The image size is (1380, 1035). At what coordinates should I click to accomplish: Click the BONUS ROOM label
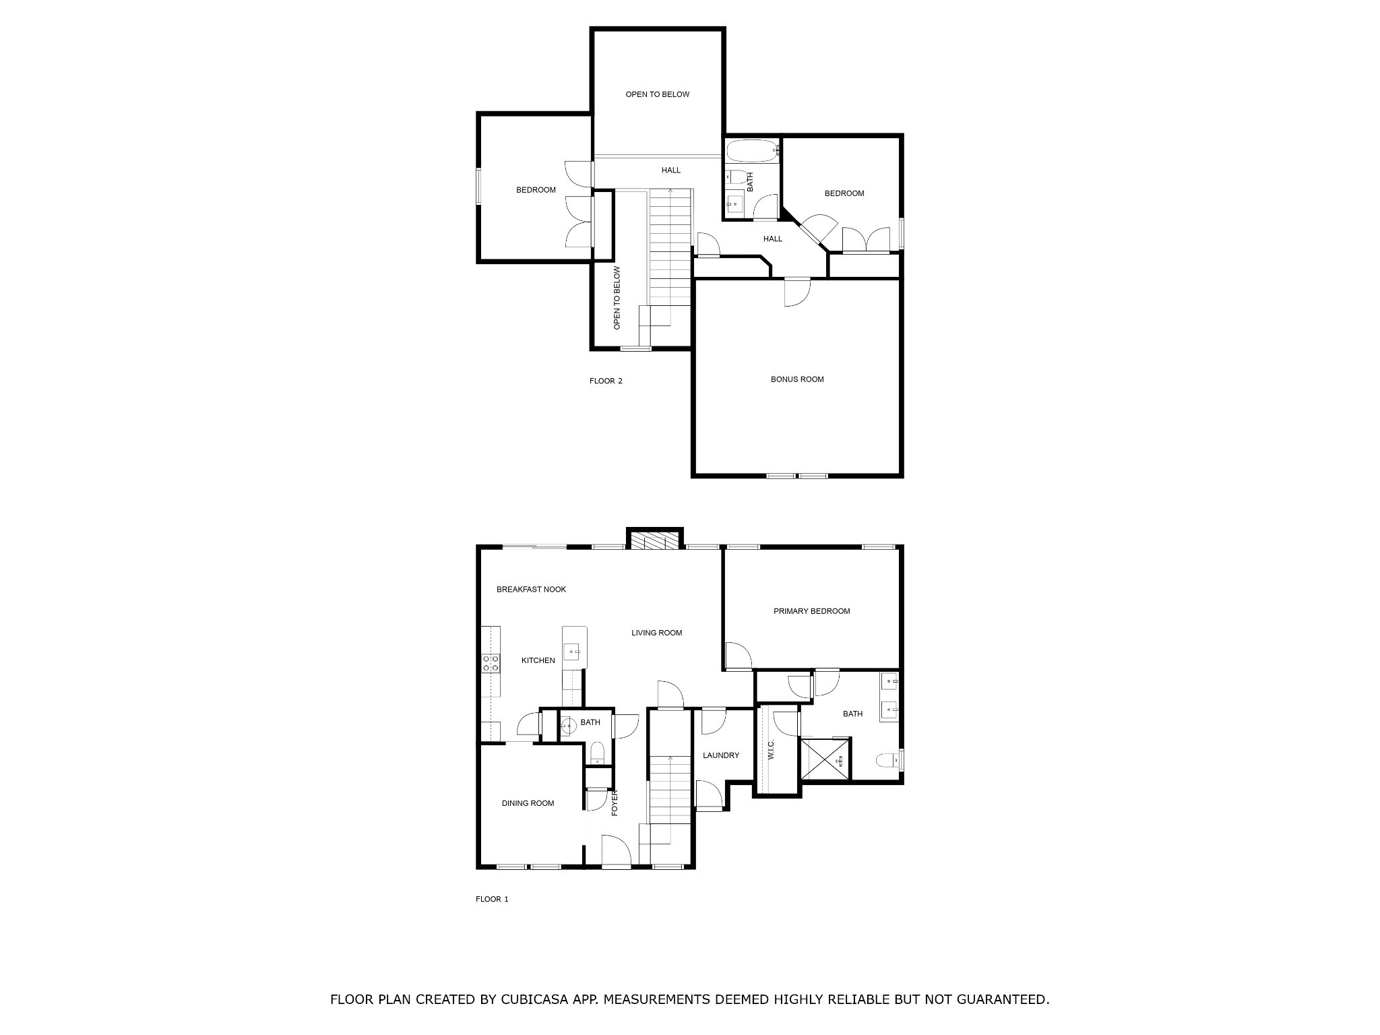point(797,379)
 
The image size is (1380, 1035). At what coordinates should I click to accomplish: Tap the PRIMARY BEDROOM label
point(811,611)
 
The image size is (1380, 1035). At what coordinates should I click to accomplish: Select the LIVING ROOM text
point(656,633)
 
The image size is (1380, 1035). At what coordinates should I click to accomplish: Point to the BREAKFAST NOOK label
point(531,590)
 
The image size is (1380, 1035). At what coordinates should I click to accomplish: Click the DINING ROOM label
point(528,803)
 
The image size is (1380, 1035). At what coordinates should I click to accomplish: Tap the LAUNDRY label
point(721,755)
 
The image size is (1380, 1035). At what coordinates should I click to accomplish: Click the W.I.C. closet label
point(772,749)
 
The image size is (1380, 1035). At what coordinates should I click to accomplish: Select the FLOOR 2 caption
point(606,381)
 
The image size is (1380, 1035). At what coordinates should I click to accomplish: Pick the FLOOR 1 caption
point(492,899)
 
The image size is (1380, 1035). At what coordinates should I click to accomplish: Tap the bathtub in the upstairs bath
point(752,151)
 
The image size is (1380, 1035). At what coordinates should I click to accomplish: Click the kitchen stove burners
point(491,663)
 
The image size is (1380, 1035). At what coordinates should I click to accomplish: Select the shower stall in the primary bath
point(824,759)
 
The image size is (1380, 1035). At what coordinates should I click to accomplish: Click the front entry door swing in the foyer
point(615,850)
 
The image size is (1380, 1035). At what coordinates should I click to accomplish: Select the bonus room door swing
point(797,293)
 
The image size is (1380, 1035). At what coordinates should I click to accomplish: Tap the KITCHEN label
point(538,660)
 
